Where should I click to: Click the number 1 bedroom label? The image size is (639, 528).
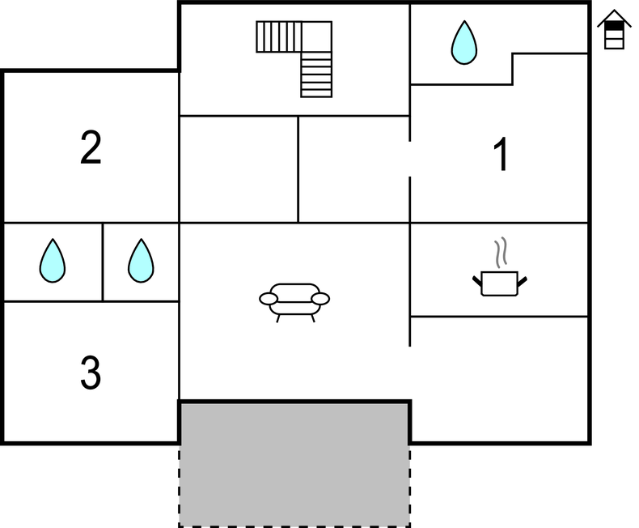point(501,154)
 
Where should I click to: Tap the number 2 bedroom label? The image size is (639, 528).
point(91,147)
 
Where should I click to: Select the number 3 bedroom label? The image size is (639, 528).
point(91,373)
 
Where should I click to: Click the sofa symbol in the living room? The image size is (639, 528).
point(294,303)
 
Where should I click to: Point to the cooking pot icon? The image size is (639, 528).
point(500,283)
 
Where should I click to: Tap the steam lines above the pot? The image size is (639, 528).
point(501,252)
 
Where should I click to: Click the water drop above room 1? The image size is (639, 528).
point(464,42)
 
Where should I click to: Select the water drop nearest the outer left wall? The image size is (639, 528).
point(53,260)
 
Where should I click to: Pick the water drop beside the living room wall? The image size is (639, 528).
point(141,260)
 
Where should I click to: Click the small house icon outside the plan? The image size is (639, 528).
point(614,29)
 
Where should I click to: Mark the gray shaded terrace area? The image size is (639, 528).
point(294,465)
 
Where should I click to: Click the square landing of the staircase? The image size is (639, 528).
point(316,36)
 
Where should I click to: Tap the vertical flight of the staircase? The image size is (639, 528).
point(316,75)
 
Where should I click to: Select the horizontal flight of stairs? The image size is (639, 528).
point(279,36)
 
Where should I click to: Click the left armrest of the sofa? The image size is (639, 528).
point(269,299)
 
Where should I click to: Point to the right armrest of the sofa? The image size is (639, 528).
point(320,299)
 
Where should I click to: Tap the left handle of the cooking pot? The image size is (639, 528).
point(477,281)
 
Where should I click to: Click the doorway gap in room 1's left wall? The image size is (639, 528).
point(409,160)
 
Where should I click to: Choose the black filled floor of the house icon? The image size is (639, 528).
point(614,27)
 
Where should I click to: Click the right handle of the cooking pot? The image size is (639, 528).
point(523,282)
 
